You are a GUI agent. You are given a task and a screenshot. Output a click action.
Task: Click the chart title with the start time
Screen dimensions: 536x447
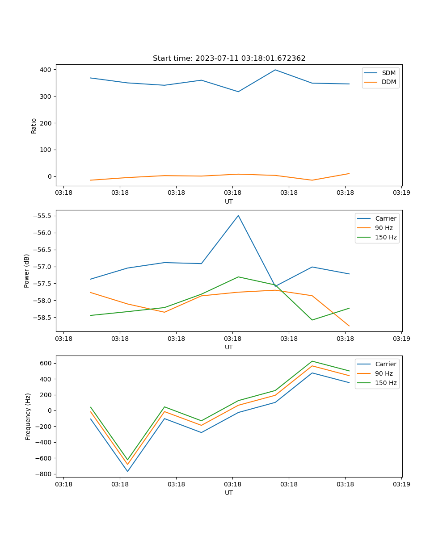point(229,59)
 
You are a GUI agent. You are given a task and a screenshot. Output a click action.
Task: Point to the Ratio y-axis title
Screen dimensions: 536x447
point(34,126)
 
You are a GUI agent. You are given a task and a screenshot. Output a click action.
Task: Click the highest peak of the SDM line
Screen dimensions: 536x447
point(275,70)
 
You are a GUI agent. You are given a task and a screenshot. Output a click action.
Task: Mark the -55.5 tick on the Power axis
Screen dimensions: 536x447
point(42,216)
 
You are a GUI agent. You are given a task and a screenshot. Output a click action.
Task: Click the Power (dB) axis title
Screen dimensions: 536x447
point(27,271)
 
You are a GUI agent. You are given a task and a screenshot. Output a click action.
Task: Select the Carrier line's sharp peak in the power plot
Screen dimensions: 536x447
point(238,215)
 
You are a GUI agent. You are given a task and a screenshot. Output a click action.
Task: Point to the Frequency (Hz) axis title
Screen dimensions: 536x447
point(28,416)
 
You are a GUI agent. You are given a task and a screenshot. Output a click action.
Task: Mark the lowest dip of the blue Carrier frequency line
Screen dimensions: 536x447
point(127,471)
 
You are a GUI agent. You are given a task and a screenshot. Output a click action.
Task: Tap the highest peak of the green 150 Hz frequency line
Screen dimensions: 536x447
point(312,361)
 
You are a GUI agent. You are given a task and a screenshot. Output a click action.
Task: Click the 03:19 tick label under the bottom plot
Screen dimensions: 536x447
point(401,484)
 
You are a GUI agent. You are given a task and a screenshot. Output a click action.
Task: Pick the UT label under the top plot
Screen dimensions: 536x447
point(229,201)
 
